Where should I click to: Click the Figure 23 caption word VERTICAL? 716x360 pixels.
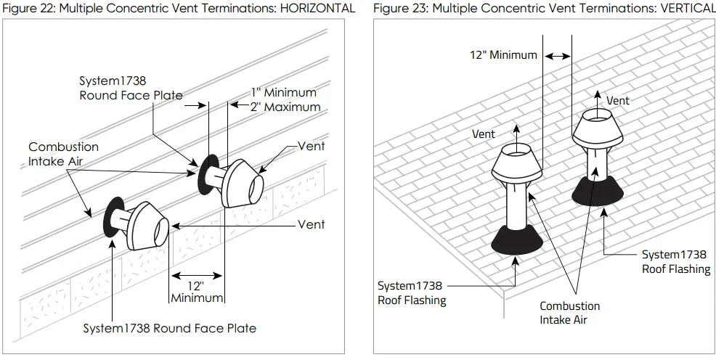(684, 9)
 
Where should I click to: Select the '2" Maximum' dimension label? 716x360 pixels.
(285, 107)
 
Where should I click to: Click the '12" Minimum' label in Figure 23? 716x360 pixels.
(504, 54)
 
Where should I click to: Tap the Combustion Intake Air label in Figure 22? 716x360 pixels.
(63, 154)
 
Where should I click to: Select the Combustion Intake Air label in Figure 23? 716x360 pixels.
(569, 313)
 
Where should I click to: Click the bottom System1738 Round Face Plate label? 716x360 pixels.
(169, 328)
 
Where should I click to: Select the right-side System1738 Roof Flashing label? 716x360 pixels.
(675, 261)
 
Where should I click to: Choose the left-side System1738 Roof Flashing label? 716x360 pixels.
(412, 292)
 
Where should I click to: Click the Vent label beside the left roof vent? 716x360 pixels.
(484, 134)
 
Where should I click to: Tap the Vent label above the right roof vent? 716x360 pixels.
(618, 100)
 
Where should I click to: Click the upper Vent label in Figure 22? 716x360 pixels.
(311, 146)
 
